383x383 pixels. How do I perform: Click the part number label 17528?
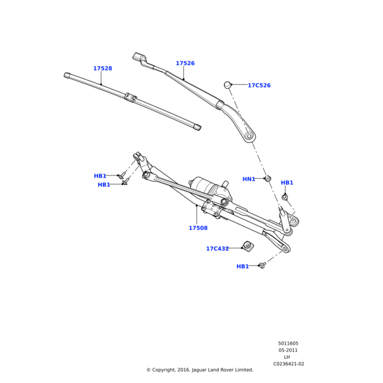tap(102, 68)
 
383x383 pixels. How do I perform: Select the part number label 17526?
tap(185, 63)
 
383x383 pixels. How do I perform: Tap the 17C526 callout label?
tap(259, 85)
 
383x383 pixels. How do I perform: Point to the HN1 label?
tap(249, 179)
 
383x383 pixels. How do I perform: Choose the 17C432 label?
tap(217, 248)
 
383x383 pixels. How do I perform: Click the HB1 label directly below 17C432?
tap(243, 266)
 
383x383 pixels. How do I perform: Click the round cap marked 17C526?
tap(227, 84)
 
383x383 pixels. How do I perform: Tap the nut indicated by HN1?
tap(268, 179)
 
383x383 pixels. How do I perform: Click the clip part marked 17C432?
tap(248, 245)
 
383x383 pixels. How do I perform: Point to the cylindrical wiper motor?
tap(207, 186)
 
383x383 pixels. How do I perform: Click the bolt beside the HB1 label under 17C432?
tap(262, 265)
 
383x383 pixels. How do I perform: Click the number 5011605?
tap(288, 343)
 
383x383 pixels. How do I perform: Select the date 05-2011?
tap(288, 350)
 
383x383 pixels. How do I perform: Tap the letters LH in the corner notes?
tap(287, 357)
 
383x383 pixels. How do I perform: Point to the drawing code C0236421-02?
tap(289, 364)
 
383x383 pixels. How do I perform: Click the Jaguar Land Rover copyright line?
tap(200, 370)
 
